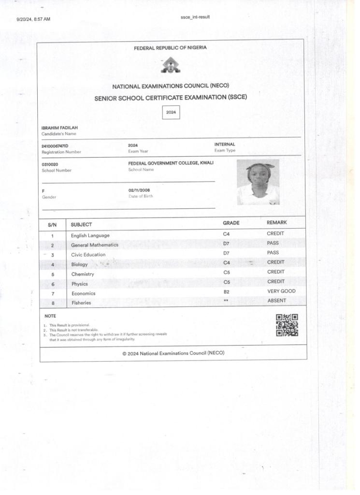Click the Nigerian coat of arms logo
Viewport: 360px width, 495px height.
click(x=171, y=66)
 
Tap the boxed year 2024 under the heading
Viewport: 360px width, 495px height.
click(x=171, y=112)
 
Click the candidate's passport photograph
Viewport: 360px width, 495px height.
click(x=258, y=182)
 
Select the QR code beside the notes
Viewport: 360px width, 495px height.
click(x=287, y=325)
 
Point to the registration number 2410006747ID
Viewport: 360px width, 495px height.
click(x=55, y=146)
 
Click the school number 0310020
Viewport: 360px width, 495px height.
click(x=50, y=164)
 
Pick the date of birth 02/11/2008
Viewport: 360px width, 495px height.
click(x=139, y=190)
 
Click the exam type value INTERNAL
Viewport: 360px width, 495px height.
click(x=225, y=144)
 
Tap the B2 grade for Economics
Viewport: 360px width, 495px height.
click(x=226, y=292)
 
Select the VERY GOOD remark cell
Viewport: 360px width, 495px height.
click(x=281, y=291)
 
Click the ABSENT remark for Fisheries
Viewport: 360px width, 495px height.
click(x=277, y=301)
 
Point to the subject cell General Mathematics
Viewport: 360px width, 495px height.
click(x=95, y=245)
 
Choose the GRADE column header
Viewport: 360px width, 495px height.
click(x=231, y=223)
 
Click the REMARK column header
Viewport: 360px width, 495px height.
click(x=277, y=223)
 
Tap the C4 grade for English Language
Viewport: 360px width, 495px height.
click(x=226, y=234)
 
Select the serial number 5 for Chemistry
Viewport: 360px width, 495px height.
click(x=52, y=275)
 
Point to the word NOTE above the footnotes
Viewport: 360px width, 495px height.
click(x=50, y=316)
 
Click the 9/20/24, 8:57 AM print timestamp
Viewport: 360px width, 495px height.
click(x=33, y=19)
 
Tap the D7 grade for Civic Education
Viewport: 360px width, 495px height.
click(x=226, y=253)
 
